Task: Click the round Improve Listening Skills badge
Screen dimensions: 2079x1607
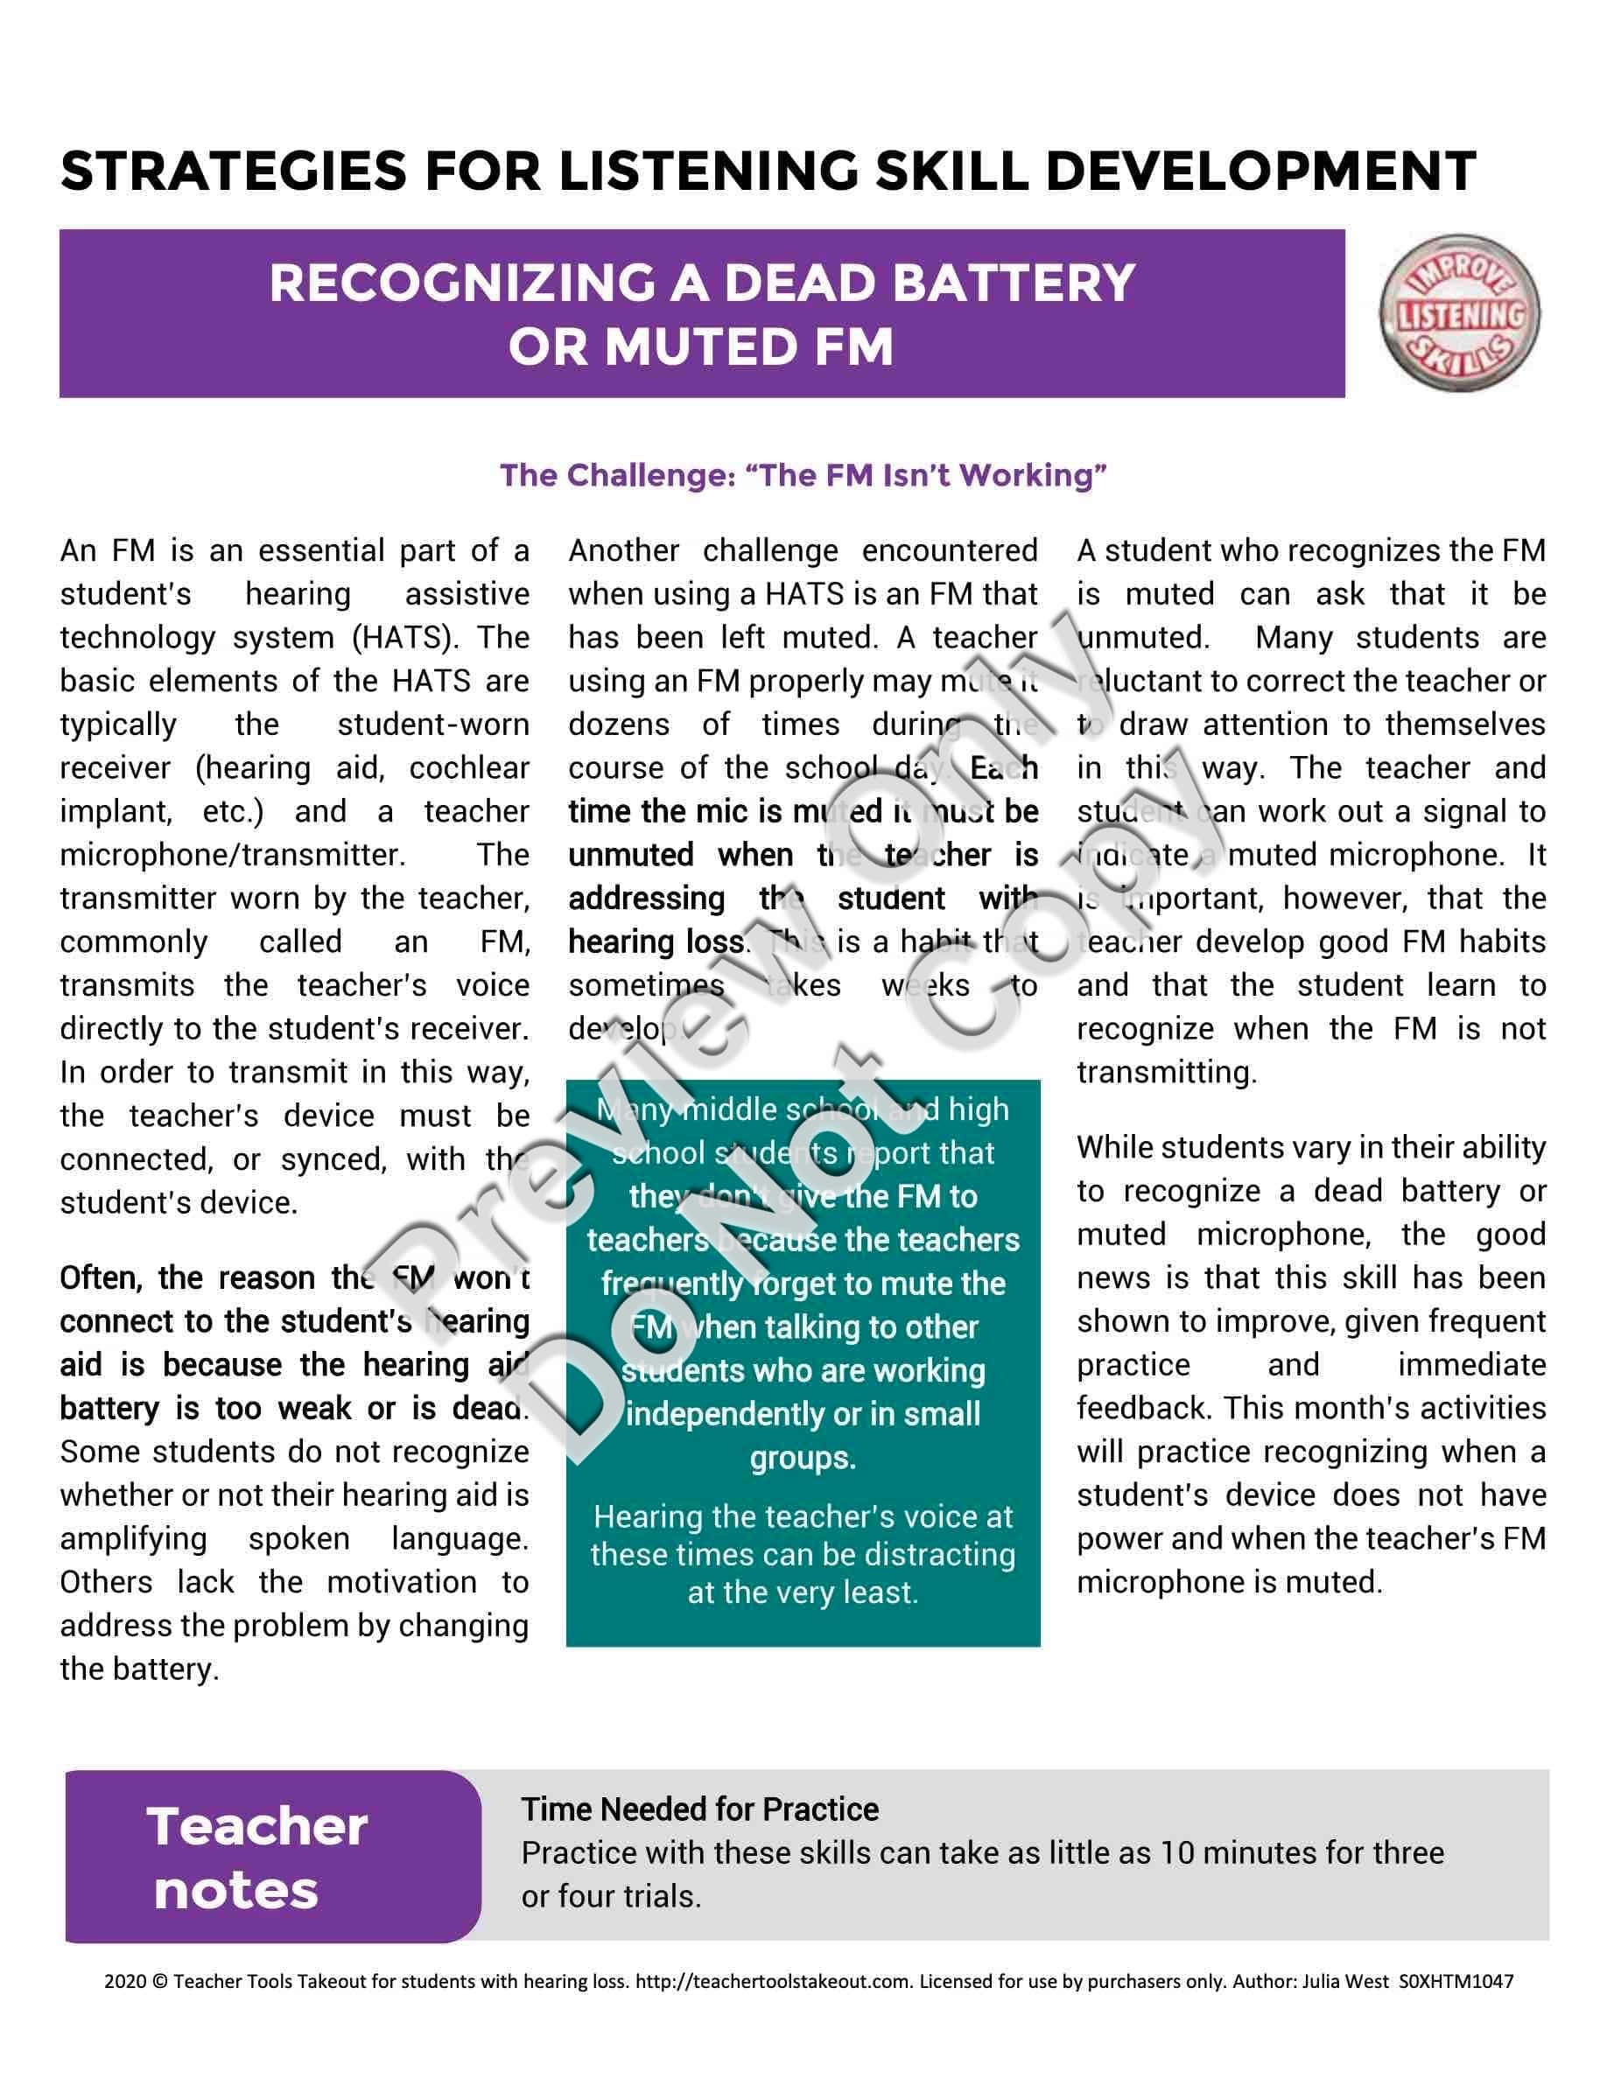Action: [1459, 315]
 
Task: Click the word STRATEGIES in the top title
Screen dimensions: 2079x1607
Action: [233, 171]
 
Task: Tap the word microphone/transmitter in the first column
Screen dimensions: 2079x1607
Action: [232, 855]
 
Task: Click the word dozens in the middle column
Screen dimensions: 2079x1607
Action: [619, 724]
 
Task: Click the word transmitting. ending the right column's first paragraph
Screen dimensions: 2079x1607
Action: [1166, 1073]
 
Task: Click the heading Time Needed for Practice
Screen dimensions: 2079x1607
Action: [699, 1809]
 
